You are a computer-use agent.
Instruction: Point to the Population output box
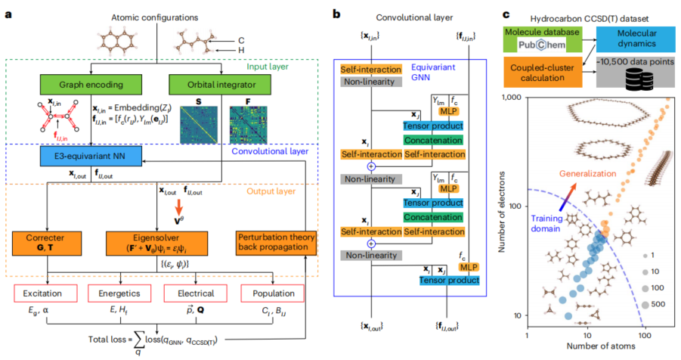tap(272, 292)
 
